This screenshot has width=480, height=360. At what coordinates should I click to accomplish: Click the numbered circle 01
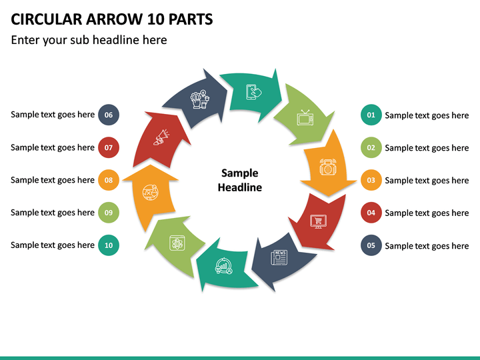371,115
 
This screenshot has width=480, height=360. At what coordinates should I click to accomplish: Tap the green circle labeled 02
371,147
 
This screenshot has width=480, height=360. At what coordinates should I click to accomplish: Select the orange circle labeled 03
371,180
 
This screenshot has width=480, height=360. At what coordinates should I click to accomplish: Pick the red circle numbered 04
371,213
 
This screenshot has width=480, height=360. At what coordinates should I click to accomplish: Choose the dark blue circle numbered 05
371,245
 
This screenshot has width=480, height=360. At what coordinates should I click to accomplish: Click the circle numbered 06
109,115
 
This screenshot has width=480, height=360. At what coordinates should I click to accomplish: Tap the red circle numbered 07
109,147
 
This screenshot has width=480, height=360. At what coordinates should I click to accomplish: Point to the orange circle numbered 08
109,180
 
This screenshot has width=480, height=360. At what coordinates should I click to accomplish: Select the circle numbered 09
109,213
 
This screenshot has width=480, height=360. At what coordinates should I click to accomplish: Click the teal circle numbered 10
109,245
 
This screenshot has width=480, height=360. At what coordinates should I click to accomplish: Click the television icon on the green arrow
305,117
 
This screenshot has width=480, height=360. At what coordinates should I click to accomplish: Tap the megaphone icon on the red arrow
161,137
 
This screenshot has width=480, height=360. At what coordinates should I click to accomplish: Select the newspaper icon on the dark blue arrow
279,257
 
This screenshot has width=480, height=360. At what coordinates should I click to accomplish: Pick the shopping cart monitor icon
319,221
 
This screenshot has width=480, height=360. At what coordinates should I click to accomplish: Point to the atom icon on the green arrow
177,243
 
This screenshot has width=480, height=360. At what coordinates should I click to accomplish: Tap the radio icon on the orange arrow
328,167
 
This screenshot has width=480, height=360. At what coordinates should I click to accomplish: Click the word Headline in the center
240,187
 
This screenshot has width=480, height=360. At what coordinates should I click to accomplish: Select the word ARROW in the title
114,19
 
